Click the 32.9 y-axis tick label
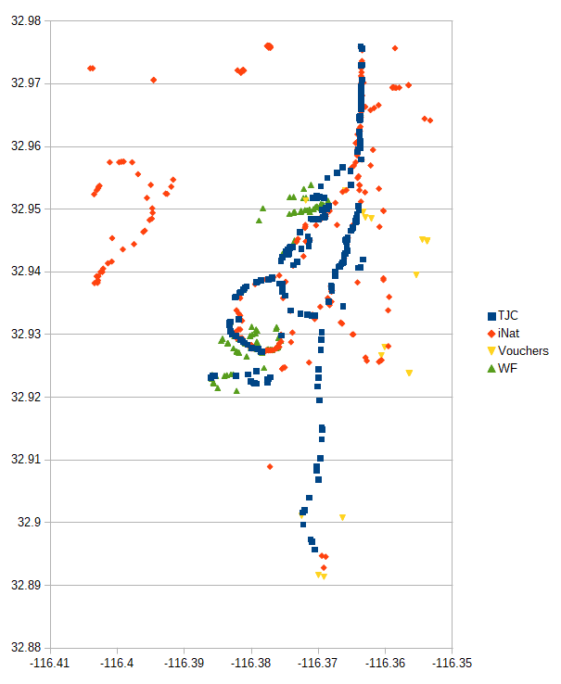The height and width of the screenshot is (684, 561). tap(31, 523)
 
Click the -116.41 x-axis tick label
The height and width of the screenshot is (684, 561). tap(50, 663)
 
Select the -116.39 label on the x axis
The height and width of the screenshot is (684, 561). tap(185, 663)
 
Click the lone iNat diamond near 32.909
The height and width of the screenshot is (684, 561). tap(270, 467)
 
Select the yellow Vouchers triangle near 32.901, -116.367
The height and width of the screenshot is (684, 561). tap(342, 517)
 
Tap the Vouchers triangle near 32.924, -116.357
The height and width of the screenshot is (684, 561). tap(409, 374)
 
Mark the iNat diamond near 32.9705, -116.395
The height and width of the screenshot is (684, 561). tap(153, 80)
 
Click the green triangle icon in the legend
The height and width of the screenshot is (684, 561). tap(491, 369)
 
